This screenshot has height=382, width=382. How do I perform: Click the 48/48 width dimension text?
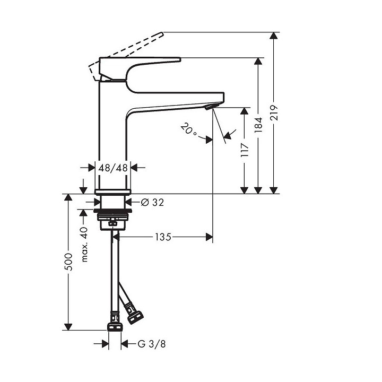tap(114, 168)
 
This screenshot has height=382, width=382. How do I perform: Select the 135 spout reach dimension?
tap(163, 237)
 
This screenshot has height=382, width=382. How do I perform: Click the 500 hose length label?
tap(68, 262)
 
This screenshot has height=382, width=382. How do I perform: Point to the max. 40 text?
tap(84, 245)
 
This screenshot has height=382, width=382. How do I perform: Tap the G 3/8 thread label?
tap(149, 344)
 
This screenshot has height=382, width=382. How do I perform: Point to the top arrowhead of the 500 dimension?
tap(68, 198)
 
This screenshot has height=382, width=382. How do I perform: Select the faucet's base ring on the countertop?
tap(112, 192)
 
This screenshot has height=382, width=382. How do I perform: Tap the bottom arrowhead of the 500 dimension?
tap(68, 326)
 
